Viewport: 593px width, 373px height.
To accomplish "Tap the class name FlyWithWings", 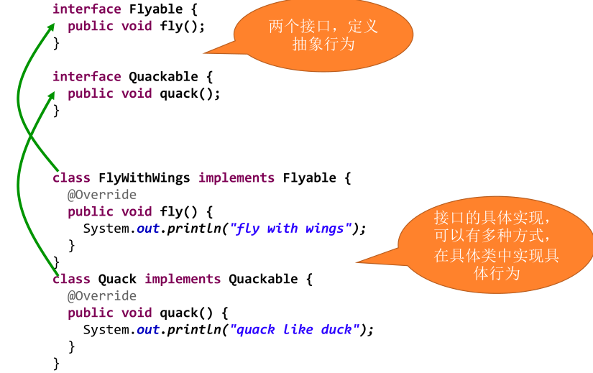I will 144,178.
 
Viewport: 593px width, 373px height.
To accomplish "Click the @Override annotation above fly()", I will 101,195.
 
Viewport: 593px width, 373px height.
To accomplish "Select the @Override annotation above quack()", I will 101,296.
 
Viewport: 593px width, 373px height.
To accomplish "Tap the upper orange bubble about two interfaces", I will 323,34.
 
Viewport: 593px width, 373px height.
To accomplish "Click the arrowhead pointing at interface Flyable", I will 50,27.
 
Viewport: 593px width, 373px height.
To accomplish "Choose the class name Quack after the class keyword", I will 117,279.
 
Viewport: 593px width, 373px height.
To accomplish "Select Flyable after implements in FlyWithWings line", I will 309,178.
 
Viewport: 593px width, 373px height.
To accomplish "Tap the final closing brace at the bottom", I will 56,364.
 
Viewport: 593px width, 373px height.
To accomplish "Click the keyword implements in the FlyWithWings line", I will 236,178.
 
